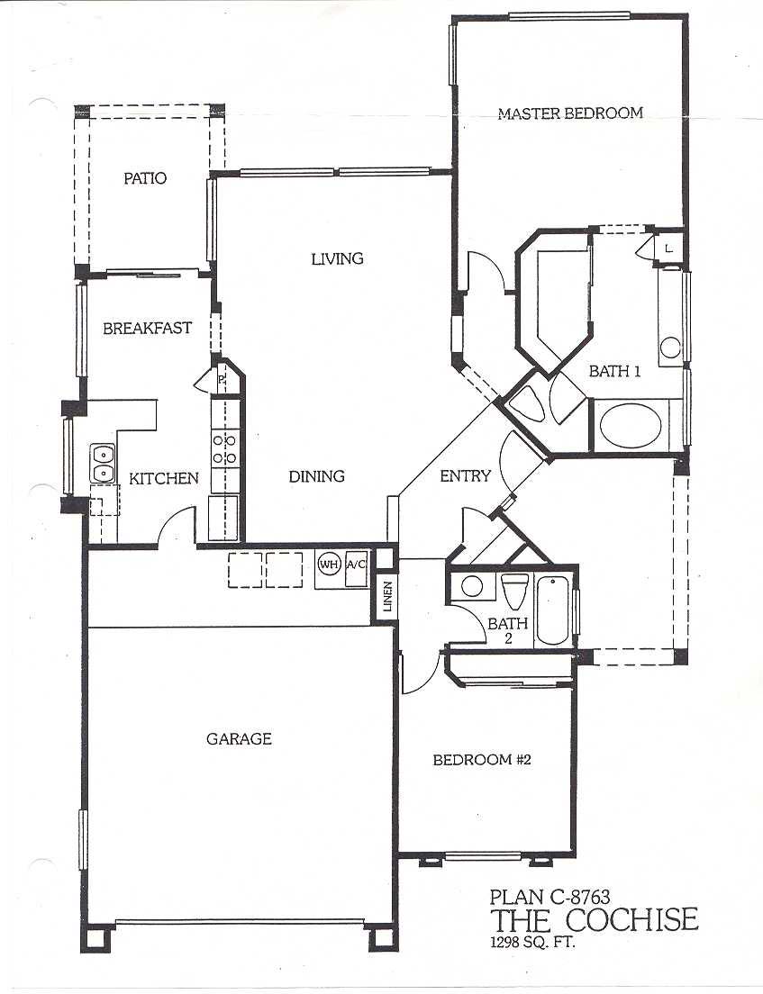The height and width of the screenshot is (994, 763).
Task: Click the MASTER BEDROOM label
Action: [570, 113]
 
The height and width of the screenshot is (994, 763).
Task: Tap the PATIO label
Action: [145, 178]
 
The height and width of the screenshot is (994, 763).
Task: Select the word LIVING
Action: [338, 258]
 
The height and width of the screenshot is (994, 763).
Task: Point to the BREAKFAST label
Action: [147, 329]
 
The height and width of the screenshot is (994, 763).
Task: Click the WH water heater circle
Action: [329, 565]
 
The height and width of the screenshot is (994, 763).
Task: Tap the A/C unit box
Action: [356, 565]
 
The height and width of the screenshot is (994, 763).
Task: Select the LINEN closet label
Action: [387, 597]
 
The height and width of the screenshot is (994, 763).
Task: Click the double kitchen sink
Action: [102, 464]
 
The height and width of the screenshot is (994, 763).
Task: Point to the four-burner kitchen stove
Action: [224, 448]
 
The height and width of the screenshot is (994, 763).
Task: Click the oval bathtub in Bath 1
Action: [631, 425]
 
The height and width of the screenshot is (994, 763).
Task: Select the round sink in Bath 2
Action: [472, 586]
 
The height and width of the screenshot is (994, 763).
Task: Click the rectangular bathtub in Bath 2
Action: [554, 610]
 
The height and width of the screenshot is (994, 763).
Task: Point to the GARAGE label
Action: [239, 738]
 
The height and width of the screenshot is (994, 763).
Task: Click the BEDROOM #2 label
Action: [481, 759]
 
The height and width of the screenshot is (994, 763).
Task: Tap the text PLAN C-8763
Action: [550, 897]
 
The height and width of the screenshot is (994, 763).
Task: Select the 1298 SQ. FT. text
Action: [532, 943]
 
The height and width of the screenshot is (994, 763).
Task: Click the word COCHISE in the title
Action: [631, 920]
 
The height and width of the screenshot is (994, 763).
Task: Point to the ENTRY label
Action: [466, 475]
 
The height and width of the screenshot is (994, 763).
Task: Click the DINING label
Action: [316, 476]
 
